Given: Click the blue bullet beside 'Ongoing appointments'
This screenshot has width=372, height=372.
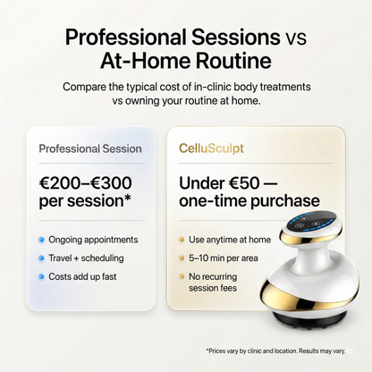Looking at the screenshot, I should pyautogui.click(x=42, y=240).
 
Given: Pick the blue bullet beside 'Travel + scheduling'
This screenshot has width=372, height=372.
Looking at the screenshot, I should pyautogui.click(x=42, y=258).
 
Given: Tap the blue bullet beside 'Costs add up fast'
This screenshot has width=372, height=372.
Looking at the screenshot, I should pyautogui.click(x=42, y=277).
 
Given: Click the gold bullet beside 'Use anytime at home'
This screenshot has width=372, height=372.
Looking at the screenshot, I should pyautogui.click(x=182, y=240).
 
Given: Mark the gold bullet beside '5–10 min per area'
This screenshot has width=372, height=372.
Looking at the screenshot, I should pyautogui.click(x=182, y=258).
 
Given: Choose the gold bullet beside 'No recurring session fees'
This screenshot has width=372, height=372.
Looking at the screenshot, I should pyautogui.click(x=182, y=277).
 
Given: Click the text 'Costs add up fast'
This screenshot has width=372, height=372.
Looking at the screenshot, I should pyautogui.click(x=83, y=277).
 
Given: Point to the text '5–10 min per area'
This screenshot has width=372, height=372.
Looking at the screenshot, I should pyautogui.click(x=224, y=258).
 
